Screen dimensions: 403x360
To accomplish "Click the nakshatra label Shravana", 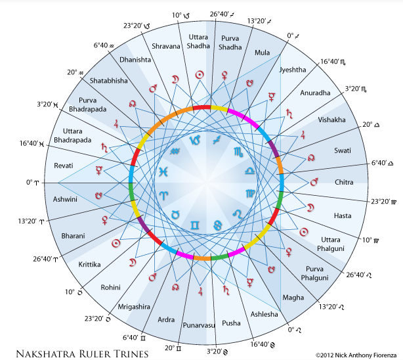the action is (x=166, y=47).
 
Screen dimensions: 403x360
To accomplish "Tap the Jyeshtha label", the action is (x=293, y=70).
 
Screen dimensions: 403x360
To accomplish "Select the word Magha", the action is (x=293, y=298).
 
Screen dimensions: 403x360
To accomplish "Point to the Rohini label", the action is (x=110, y=288).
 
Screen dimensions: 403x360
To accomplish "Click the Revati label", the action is (x=64, y=166).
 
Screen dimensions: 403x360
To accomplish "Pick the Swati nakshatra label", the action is (x=343, y=150).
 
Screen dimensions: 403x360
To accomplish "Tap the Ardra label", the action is (x=166, y=320).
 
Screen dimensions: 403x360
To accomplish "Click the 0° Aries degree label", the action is (x=32, y=183).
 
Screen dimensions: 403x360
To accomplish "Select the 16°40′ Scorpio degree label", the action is (x=333, y=62).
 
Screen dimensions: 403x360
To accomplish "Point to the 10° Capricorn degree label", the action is (x=180, y=16).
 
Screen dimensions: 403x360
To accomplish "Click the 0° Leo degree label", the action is (x=294, y=330).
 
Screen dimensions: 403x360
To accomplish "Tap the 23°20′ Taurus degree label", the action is (x=98, y=319).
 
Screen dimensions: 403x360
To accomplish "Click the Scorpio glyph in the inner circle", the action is (x=238, y=152).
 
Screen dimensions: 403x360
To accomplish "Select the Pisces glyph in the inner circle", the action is (x=163, y=171).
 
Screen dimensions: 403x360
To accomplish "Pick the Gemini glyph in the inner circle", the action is (x=194, y=225).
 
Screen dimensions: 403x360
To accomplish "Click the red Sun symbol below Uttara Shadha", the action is (x=200, y=75).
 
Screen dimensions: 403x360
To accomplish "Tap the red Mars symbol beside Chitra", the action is (x=314, y=182).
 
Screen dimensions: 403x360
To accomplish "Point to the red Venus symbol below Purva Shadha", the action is (x=224, y=76).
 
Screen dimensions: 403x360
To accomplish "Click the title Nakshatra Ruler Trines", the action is (x=82, y=354).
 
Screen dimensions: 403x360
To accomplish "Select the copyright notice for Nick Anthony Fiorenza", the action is (x=356, y=355).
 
